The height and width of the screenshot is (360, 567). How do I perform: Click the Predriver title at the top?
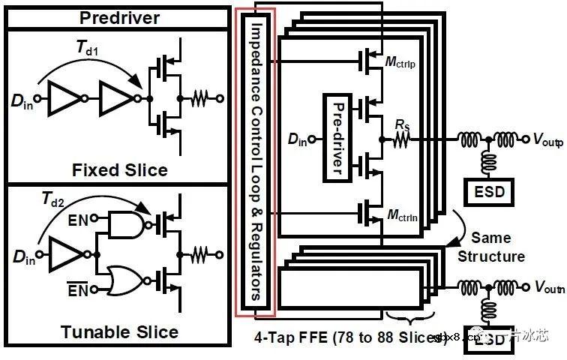119,16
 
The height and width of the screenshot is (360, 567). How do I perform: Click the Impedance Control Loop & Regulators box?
255,159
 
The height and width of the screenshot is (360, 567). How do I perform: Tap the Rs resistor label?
401,121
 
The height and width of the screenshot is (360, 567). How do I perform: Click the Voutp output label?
544,139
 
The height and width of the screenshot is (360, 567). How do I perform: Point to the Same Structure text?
490,247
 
